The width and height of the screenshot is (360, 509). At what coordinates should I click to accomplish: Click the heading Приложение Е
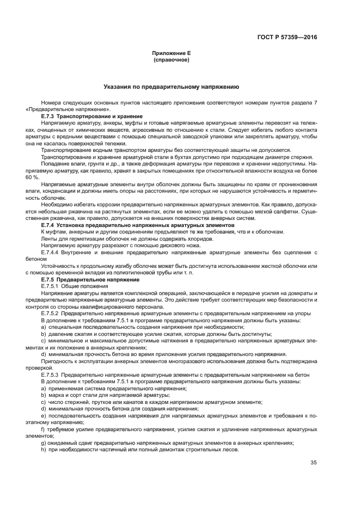[x=171, y=53]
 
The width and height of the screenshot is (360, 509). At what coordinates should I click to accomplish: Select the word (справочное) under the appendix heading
[x=171, y=60]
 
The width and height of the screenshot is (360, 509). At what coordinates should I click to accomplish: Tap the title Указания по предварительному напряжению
[x=171, y=87]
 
